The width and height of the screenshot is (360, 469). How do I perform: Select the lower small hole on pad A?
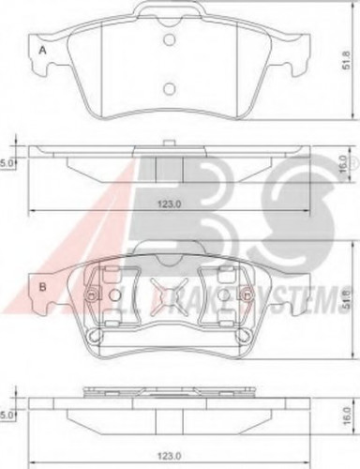pos(169,89)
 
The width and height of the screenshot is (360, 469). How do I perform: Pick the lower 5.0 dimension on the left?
pos(8,407)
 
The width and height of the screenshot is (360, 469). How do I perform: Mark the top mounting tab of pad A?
pos(170,11)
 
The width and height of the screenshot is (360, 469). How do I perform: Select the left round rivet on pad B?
pos(90,298)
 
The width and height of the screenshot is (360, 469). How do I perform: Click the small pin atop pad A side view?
pos(169,143)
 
